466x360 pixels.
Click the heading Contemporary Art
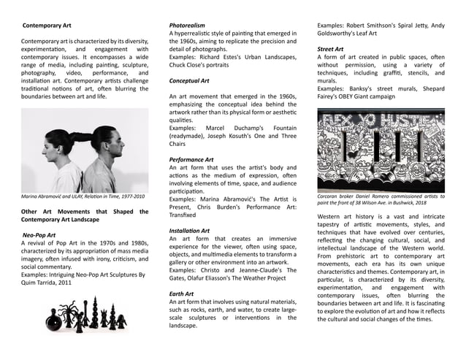click(50, 26)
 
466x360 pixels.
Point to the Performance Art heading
click(191, 159)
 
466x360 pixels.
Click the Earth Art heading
click(183, 293)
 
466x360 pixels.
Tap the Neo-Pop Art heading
click(41, 236)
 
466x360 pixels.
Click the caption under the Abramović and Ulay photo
click(83, 197)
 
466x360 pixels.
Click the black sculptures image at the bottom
click(85, 316)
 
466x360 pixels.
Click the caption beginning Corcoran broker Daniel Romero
click(381, 200)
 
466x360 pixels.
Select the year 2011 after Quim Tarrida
click(64, 282)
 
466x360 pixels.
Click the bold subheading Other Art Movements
click(84, 215)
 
